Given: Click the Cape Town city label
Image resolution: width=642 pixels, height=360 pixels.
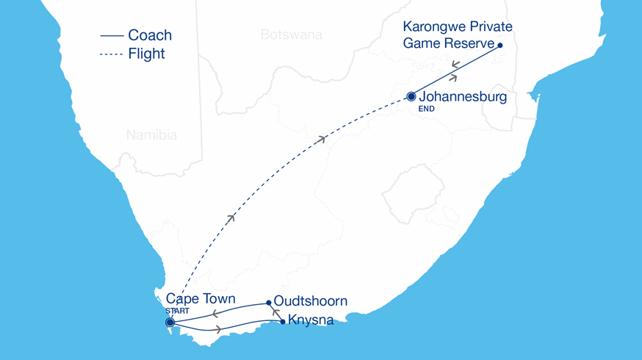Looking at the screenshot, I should (201, 299).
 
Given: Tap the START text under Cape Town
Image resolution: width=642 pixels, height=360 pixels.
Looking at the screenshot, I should (177, 311).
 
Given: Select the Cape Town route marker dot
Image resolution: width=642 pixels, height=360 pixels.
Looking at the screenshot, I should (170, 322).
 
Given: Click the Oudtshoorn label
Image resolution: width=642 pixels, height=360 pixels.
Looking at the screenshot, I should (310, 302).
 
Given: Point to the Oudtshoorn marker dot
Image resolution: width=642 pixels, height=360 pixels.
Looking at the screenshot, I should (269, 302).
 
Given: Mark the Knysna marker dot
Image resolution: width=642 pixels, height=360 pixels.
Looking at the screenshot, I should (284, 321).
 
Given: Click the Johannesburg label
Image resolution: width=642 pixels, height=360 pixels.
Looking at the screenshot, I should (463, 96).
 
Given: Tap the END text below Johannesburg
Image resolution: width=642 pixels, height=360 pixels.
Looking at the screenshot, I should (426, 109).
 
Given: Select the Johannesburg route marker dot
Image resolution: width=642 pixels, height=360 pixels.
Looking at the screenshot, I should (411, 96).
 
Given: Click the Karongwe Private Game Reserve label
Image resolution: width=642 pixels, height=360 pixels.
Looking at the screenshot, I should (457, 35).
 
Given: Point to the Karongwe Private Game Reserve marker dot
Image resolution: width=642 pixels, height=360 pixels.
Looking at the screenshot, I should (500, 46).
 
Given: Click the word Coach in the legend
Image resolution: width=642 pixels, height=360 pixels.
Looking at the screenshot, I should (150, 35).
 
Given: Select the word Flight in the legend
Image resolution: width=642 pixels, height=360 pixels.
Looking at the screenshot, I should (146, 54).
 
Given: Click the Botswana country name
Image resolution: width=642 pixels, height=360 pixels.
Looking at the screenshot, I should (291, 34).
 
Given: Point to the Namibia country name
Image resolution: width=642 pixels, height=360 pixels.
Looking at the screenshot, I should (151, 135).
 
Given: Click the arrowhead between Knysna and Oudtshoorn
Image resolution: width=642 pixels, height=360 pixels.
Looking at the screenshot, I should (276, 312).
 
